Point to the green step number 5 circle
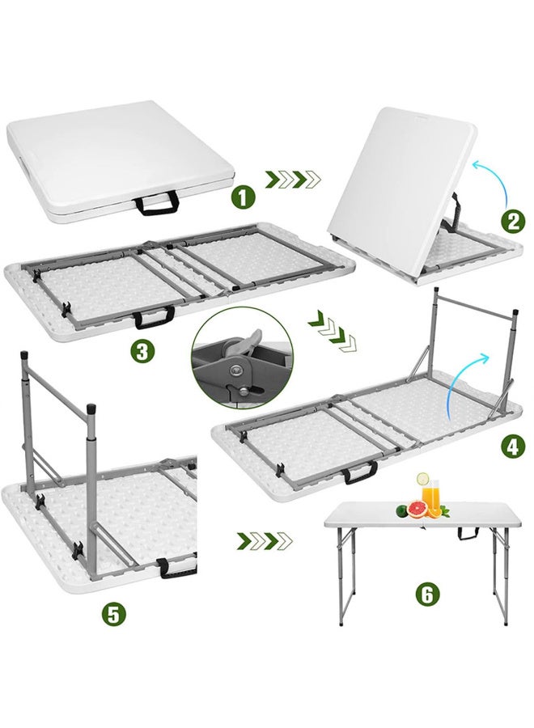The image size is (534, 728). tap(114, 613)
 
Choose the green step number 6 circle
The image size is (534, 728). tap(428, 595)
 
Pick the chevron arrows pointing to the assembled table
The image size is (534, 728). tap(263, 537)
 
